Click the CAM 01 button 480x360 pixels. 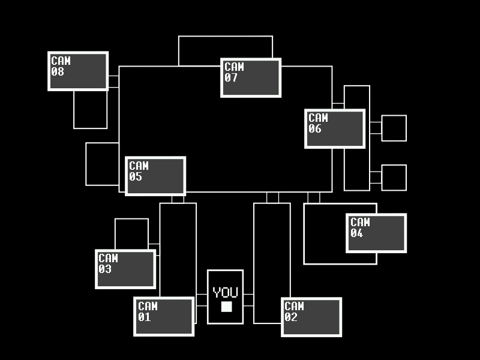click(164, 316)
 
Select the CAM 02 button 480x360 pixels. click(311, 317)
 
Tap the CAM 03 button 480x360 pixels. click(125, 269)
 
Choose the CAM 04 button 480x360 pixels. click(376, 233)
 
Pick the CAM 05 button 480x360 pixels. click(155, 176)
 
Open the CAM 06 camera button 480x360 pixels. click(335, 128)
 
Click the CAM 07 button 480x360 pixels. click(251, 77)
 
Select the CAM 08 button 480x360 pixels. click(78, 71)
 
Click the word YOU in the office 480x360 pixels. click(226, 293)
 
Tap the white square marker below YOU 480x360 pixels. click(226, 307)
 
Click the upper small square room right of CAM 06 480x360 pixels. click(394, 128)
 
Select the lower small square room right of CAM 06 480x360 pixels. click(394, 178)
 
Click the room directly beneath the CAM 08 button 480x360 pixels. click(91, 109)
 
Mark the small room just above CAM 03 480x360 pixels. click(131, 233)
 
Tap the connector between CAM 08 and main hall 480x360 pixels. click(113, 82)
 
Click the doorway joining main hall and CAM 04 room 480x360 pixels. click(314, 197)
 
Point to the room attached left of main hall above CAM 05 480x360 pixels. click(103, 164)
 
